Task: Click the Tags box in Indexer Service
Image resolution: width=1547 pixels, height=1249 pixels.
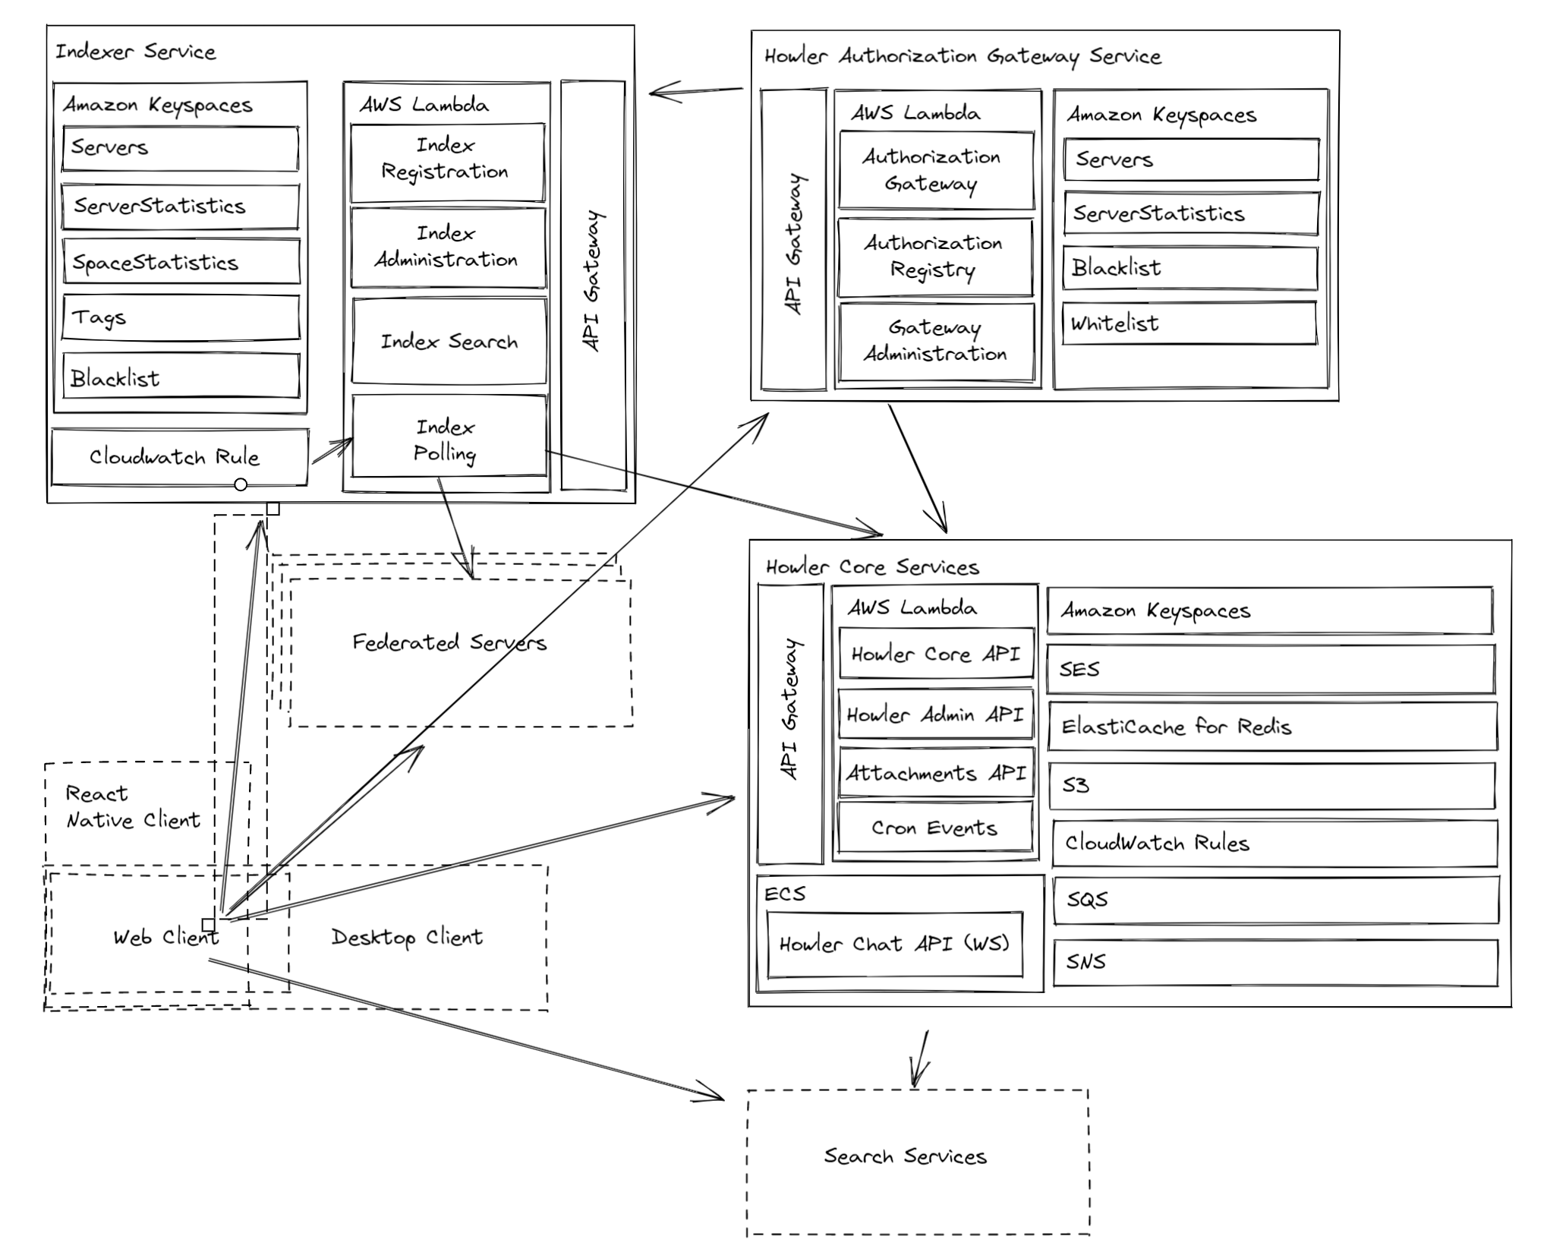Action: pos(181,317)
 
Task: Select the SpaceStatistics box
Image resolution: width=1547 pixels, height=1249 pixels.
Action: pos(181,262)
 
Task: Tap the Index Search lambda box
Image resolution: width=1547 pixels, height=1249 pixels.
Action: pos(449,342)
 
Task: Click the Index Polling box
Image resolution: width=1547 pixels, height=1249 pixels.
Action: pos(449,438)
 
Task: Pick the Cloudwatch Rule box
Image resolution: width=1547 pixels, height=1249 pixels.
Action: pos(179,457)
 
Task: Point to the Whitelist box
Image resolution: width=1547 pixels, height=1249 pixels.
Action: pos(1189,323)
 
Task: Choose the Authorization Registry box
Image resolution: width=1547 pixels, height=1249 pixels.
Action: pos(934,257)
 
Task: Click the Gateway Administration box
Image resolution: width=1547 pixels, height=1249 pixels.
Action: pos(935,342)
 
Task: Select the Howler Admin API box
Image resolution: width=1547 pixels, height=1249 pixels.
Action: pos(935,714)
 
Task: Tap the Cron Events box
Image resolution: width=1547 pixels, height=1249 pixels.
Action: pos(934,828)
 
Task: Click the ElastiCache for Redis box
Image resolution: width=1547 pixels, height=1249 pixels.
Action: pos(1271,727)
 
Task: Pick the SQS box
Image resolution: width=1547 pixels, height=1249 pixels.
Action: pos(1275,900)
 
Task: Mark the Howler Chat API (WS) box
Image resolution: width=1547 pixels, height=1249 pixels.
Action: pos(894,944)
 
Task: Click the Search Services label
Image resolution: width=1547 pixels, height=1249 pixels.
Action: pos(906,1156)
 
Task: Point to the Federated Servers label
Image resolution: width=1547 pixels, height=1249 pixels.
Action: pos(449,642)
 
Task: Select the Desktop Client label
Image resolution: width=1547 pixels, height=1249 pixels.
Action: pos(407,937)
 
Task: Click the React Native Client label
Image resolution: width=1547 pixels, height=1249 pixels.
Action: pos(133,806)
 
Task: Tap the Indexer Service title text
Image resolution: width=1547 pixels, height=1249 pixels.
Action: pos(136,52)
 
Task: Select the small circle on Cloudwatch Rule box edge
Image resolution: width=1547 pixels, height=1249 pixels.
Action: pos(241,484)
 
